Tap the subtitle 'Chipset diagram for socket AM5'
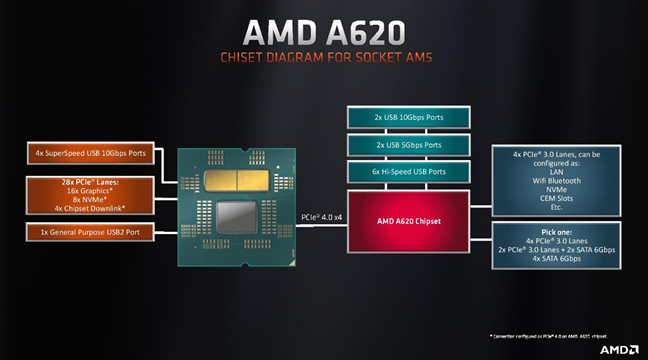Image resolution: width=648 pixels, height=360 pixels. [x=324, y=58]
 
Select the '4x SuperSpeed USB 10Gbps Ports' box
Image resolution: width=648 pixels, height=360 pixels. [x=90, y=154]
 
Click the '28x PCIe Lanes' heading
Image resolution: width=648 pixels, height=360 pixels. [x=90, y=181]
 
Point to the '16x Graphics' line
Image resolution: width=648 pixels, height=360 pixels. [x=90, y=191]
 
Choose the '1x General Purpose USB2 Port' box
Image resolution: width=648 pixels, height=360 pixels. [x=90, y=233]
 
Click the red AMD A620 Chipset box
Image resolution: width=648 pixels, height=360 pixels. [x=410, y=221]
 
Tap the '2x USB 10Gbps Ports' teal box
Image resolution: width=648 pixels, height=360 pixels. [x=410, y=118]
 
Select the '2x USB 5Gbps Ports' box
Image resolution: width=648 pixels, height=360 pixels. [x=410, y=145]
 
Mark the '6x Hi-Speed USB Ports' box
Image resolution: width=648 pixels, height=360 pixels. [x=410, y=172]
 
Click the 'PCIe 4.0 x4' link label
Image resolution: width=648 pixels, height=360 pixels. [x=322, y=215]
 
